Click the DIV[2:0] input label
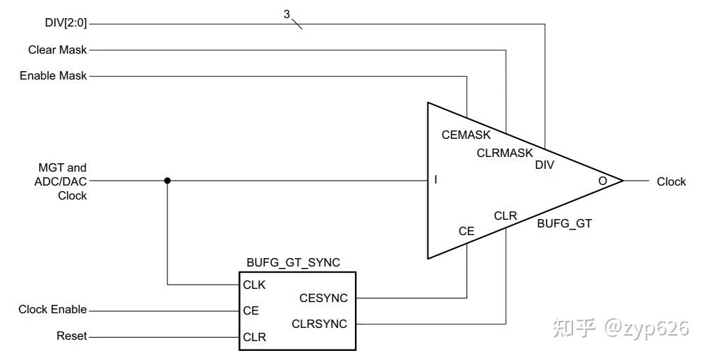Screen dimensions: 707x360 66,22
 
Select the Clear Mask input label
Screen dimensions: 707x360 57,50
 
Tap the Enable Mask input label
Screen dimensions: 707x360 53,75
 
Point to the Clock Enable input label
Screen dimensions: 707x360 53,310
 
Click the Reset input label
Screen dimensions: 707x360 72,336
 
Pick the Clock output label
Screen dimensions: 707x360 671,181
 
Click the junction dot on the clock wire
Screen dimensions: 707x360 167,181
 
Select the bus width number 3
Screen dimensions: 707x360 287,15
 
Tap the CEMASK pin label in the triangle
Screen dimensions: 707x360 466,135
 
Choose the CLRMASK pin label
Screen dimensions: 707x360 505,153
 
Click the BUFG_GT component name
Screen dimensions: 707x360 564,223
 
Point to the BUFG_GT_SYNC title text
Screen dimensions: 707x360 293,262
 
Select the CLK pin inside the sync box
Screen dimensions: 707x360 254,285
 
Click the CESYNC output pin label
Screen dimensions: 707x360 324,298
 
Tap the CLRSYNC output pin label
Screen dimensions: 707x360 319,324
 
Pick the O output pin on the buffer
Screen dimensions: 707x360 603,181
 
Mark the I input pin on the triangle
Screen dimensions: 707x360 436,179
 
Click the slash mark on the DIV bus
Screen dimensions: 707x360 296,24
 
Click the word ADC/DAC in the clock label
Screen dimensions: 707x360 61,181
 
